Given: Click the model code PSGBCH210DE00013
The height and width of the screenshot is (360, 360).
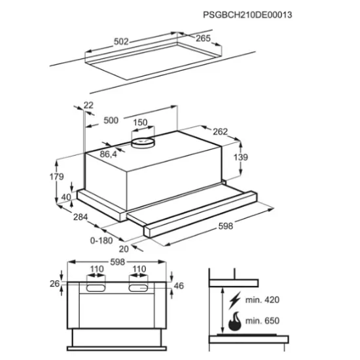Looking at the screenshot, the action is click(247, 15).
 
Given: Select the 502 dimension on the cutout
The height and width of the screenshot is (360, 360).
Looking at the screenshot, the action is click(121, 41).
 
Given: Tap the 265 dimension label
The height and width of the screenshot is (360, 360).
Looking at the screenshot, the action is click(203, 39).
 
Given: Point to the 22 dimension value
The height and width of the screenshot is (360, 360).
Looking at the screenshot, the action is click(88, 105).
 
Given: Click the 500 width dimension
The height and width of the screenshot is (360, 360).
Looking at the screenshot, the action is click(111, 120).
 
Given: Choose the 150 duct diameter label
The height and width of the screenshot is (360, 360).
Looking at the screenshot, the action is click(140, 122).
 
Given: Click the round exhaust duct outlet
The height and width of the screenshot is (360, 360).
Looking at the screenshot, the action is click(143, 143).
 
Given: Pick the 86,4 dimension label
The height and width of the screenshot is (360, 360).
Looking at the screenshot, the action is click(109, 154).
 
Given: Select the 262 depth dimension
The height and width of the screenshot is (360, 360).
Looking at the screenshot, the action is click(220, 132).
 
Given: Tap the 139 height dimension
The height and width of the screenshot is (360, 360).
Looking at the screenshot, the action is click(241, 157).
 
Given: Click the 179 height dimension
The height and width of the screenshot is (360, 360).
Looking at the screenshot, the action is click(57, 177).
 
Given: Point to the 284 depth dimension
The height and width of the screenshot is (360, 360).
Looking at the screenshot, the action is click(81, 217).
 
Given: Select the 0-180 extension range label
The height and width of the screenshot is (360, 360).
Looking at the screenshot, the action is click(101, 241).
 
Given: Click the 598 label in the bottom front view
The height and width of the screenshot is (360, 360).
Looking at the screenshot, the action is click(118, 262).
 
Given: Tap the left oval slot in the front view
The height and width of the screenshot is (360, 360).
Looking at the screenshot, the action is click(96, 288).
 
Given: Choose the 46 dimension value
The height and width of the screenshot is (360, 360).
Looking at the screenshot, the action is click(179, 286).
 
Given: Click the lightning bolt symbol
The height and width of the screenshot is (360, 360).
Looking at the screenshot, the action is click(234, 300).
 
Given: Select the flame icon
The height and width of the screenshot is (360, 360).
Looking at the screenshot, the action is click(235, 321).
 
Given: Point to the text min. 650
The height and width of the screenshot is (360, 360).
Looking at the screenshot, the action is click(262, 321).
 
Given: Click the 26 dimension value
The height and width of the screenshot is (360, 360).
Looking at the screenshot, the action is click(54, 284).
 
